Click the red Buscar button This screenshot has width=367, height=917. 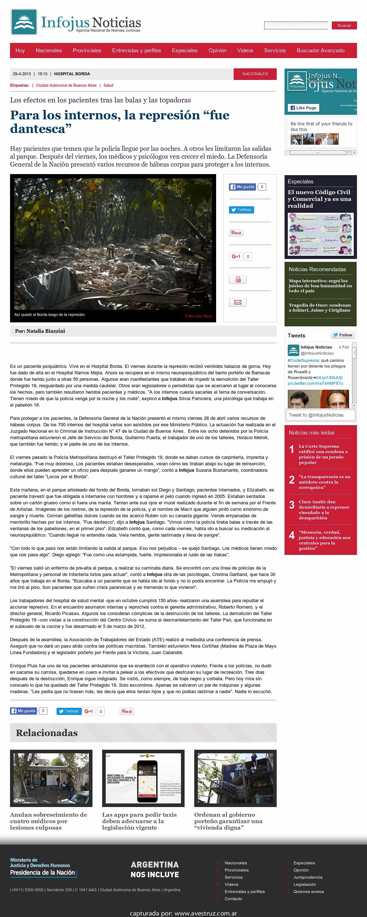pos(344,25)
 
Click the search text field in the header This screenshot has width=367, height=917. pos(296,25)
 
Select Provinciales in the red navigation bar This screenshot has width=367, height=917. pos(87,51)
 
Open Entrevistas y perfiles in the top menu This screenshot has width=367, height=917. pos(137,51)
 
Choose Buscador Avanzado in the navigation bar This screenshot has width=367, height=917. pos(320,51)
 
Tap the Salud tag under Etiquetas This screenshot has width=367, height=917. pos(108,85)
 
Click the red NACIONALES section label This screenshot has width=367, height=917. pos(255,74)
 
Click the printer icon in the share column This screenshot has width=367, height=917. pos(238,279)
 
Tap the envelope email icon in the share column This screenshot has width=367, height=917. pos(238,302)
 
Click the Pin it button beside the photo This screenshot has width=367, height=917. pos(236,233)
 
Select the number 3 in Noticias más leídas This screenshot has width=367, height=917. pos(292,505)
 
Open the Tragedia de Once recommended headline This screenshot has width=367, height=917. pos(319,308)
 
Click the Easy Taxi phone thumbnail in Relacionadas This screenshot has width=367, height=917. pos(143,778)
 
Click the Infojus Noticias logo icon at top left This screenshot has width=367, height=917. pos(24,22)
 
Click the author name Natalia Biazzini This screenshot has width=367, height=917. pos(46,331)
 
